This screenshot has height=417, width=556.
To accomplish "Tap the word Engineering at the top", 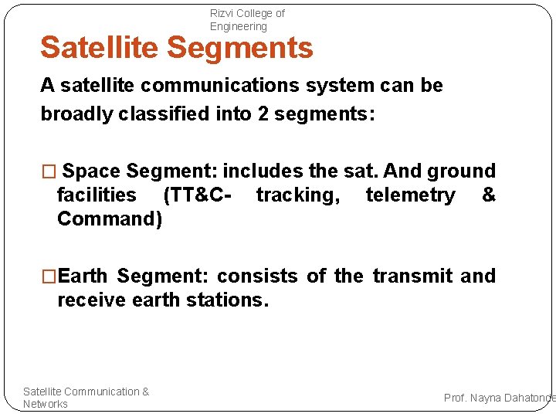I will click(x=239, y=26).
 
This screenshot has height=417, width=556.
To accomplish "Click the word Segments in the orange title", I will click(x=240, y=48).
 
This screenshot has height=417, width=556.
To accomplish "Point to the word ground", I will click(x=461, y=171).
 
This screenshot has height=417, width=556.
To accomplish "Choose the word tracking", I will click(x=297, y=195).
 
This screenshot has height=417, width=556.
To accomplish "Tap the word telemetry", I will click(x=410, y=195).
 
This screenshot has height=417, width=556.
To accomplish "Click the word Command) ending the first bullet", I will click(x=110, y=219).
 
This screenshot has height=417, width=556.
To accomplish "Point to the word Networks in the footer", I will click(x=46, y=404).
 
